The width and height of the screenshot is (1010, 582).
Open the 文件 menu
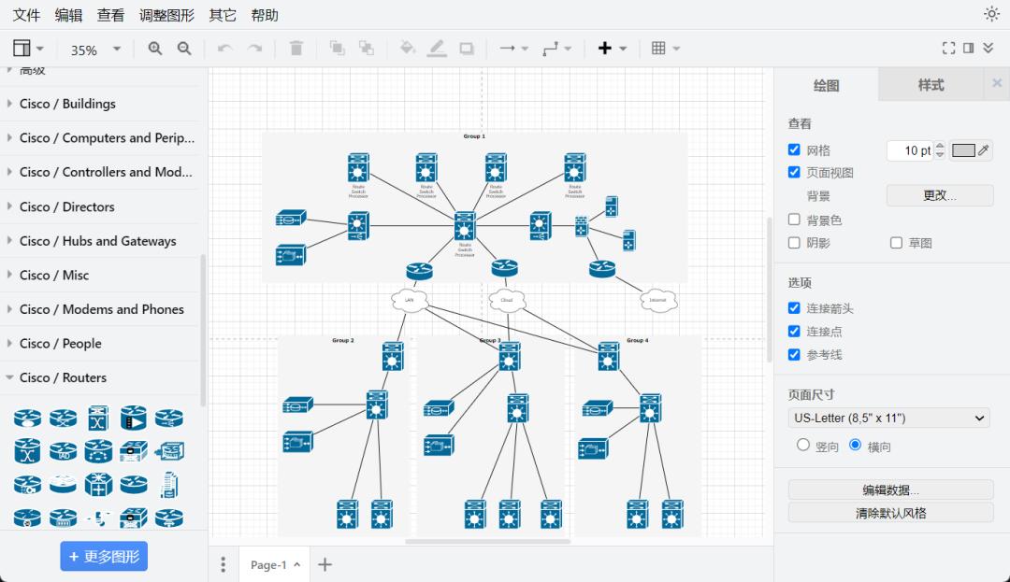point(26,15)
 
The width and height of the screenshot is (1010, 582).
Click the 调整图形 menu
point(166,15)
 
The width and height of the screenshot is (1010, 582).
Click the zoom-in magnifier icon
point(155,49)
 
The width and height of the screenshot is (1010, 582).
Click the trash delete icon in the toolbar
point(296,49)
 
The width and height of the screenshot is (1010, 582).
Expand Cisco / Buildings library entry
point(67,104)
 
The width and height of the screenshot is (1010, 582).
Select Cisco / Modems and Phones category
point(101,309)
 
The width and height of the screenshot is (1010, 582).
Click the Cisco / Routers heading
point(63,377)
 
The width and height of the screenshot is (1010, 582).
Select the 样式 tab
point(931,85)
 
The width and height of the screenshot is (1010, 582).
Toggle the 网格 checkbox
point(794,149)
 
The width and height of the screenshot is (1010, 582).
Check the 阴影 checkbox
point(794,243)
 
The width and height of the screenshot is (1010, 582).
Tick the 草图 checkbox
point(896,243)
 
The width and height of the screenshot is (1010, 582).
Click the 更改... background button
point(940,195)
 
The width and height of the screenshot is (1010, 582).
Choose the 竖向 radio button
point(802,446)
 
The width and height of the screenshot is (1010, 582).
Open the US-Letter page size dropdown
point(888,418)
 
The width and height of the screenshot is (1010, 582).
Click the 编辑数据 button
point(890,490)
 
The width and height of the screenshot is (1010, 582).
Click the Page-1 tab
point(268,564)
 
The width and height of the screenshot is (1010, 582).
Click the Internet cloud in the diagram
point(658,301)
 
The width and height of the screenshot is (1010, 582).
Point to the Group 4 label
point(637,340)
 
